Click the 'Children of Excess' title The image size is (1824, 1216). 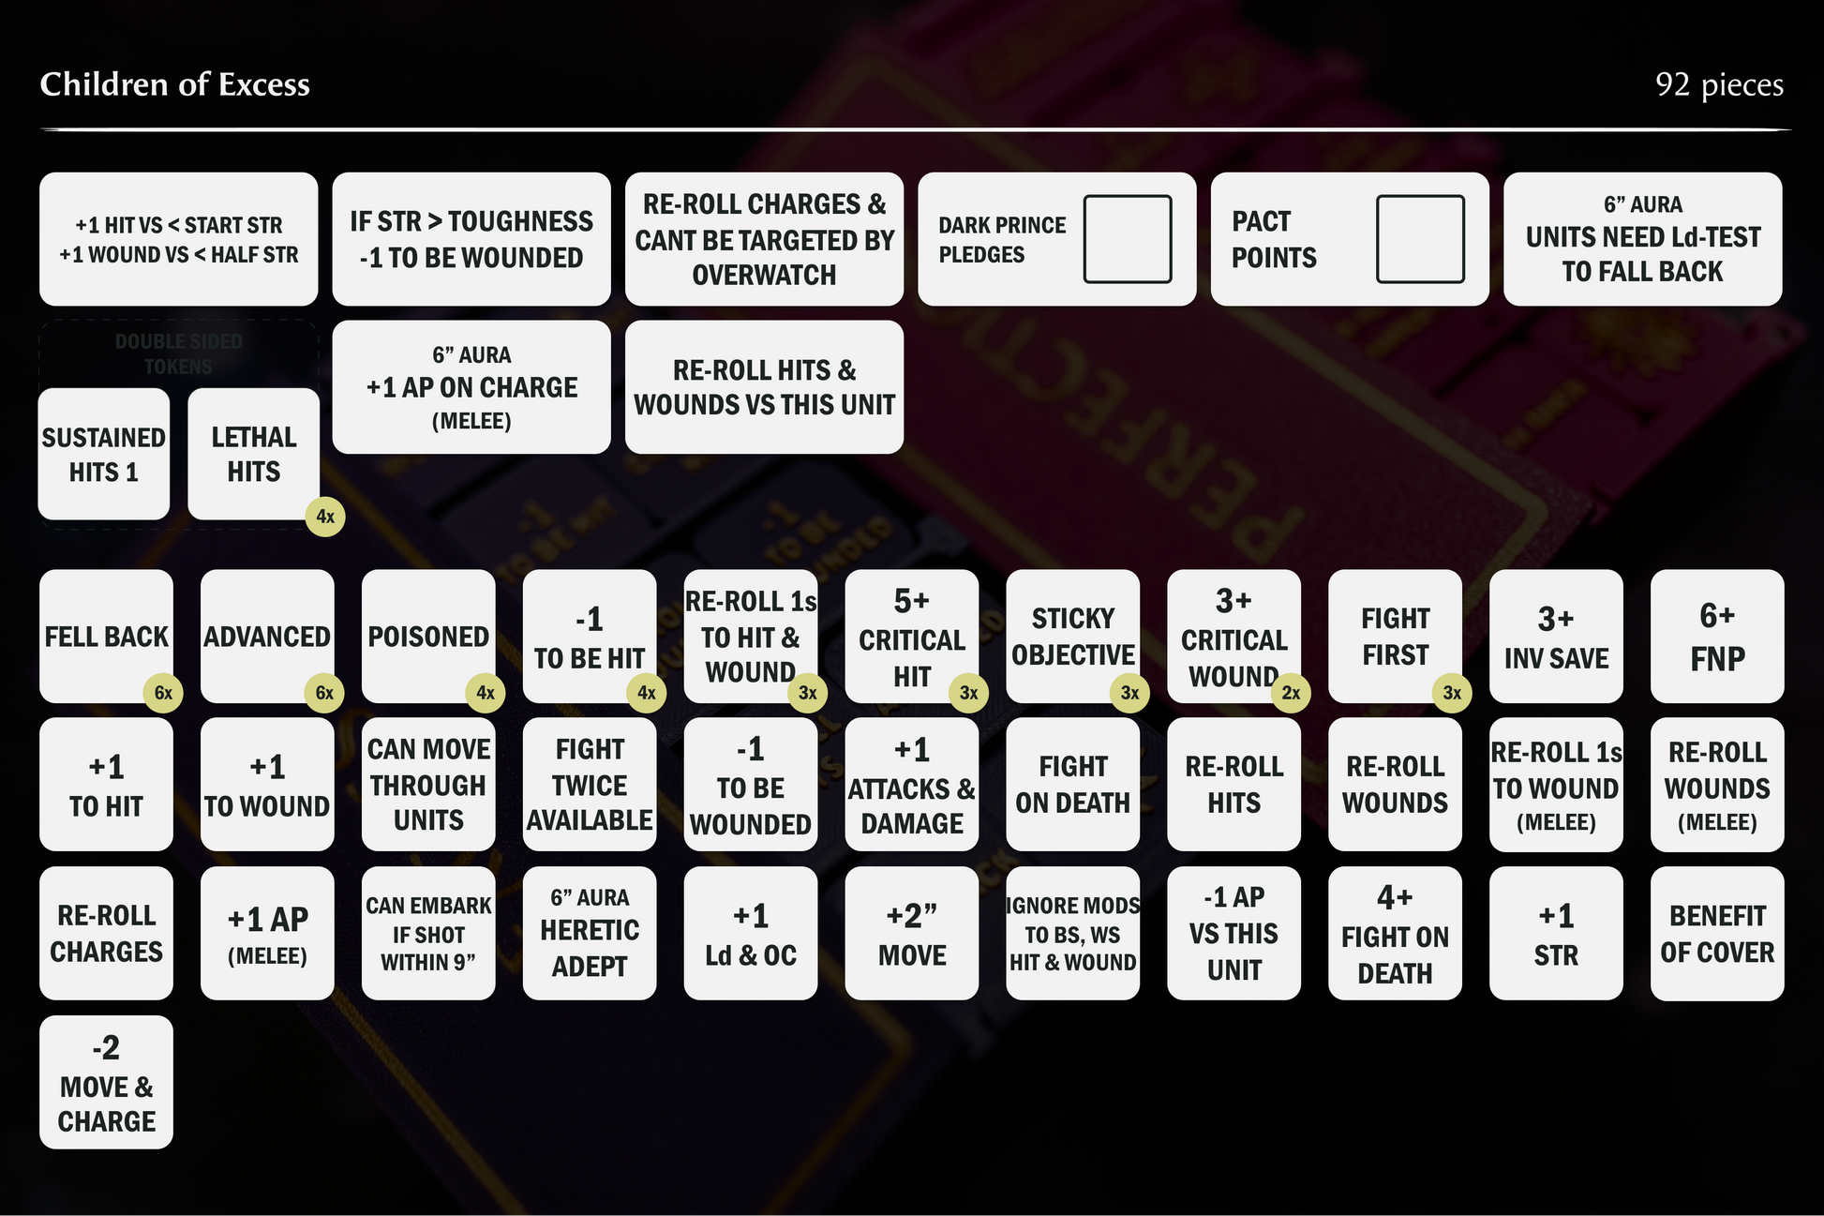(x=174, y=84)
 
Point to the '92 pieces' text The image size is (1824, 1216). (x=1718, y=84)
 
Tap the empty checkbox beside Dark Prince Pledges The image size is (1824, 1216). (x=1127, y=239)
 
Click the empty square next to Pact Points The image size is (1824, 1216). (x=1419, y=239)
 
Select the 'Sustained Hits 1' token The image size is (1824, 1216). (x=104, y=455)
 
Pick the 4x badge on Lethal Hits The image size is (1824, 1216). (x=325, y=517)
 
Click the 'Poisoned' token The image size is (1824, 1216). (x=428, y=637)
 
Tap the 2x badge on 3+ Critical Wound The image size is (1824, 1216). (x=1291, y=693)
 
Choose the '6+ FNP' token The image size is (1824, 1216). (x=1716, y=637)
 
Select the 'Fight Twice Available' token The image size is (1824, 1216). (x=590, y=785)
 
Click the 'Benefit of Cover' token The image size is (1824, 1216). (x=1716, y=934)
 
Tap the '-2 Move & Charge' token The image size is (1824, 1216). (x=106, y=1083)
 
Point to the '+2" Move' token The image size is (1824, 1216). (x=911, y=934)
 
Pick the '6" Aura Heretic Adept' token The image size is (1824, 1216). (x=590, y=934)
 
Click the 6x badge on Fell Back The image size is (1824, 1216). (x=163, y=693)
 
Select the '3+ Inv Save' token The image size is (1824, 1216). (x=1556, y=637)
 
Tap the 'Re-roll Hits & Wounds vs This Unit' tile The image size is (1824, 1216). (x=764, y=387)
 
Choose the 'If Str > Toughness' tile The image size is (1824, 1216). (x=471, y=239)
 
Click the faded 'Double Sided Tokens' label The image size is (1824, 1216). (x=178, y=353)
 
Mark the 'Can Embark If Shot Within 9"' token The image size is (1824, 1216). (x=428, y=934)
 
